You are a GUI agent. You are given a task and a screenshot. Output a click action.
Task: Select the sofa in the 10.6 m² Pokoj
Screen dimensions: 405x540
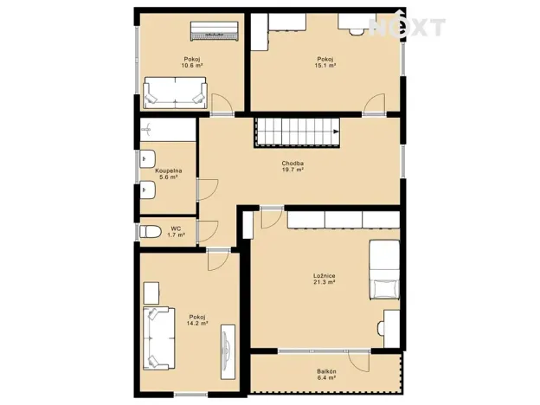tap(175, 92)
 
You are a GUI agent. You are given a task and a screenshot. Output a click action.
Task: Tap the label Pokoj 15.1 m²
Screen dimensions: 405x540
tap(325, 61)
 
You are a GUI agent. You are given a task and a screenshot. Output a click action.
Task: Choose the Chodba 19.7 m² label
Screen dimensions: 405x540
tap(292, 167)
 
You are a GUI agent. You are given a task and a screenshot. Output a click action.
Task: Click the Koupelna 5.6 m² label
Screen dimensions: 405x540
tap(167, 173)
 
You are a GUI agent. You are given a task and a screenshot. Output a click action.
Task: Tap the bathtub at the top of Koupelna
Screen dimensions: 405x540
tap(168, 130)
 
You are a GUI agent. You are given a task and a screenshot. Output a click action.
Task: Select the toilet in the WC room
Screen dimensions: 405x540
tap(148, 231)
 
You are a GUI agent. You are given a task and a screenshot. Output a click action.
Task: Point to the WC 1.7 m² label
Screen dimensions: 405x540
tap(176, 231)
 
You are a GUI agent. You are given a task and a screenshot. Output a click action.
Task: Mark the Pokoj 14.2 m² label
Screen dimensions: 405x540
tap(196, 319)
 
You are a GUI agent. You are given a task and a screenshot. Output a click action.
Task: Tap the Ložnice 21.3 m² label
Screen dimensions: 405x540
tap(325, 279)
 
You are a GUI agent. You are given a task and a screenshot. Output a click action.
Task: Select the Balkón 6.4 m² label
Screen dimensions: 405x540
tap(325, 375)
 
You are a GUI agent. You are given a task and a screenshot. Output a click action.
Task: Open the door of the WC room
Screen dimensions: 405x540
tap(208, 231)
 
